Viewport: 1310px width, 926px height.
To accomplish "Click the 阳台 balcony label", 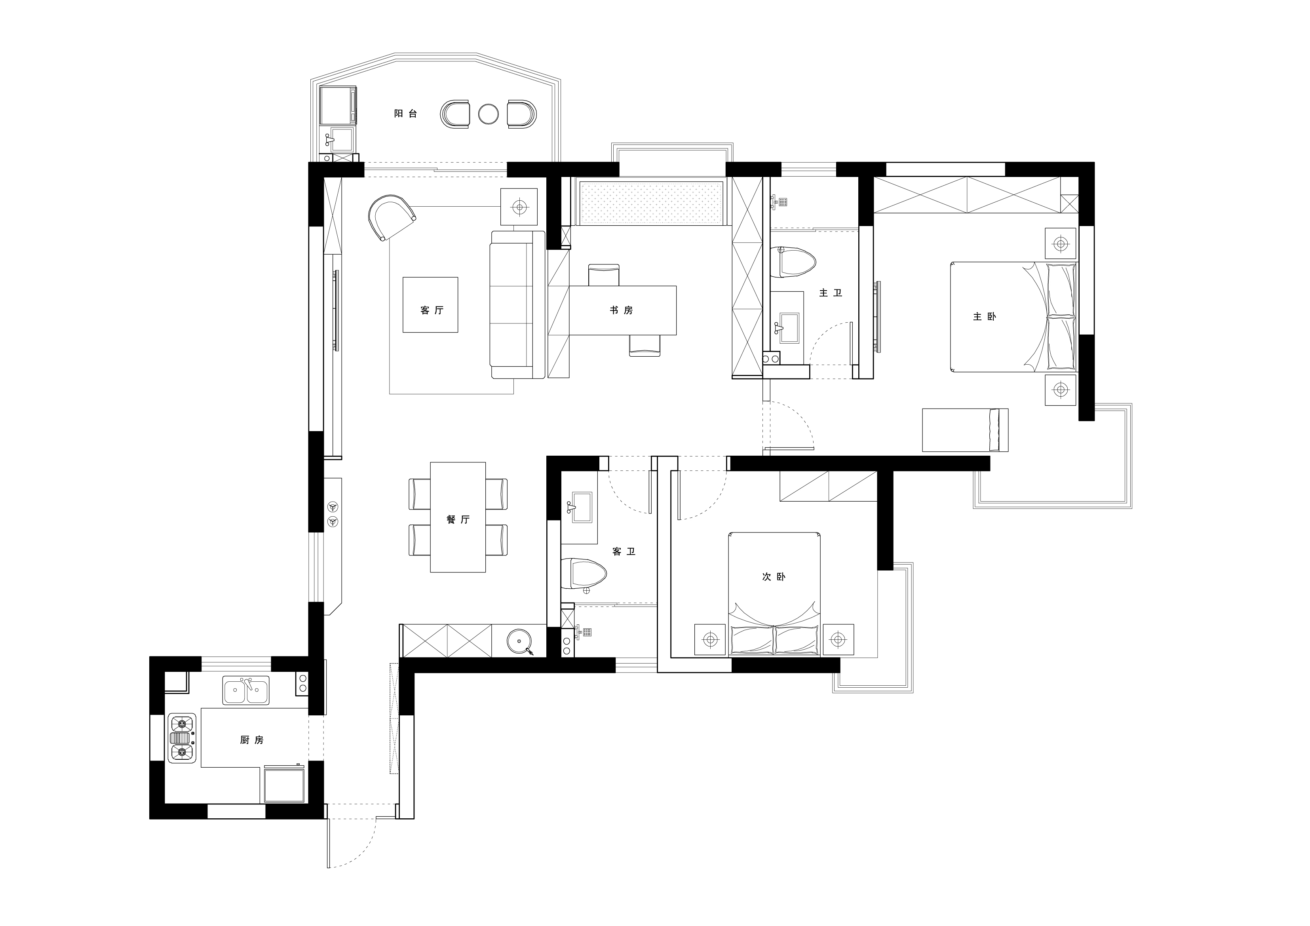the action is click(406, 114).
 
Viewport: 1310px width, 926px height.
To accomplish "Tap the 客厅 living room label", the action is click(432, 310).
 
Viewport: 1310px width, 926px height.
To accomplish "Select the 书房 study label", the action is click(621, 310).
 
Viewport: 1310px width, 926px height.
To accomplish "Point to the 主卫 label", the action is click(831, 293).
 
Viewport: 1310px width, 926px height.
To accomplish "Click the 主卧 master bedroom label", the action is click(985, 316).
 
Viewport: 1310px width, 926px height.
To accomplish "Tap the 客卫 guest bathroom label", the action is click(624, 552).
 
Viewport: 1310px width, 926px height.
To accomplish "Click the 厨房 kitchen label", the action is click(252, 740).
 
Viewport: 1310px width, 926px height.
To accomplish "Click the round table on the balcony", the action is click(489, 114).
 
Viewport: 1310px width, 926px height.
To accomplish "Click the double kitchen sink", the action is click(246, 690).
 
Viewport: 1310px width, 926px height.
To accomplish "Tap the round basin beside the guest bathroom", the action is click(519, 641).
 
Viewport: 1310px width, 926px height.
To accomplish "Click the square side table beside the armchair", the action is click(519, 207).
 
